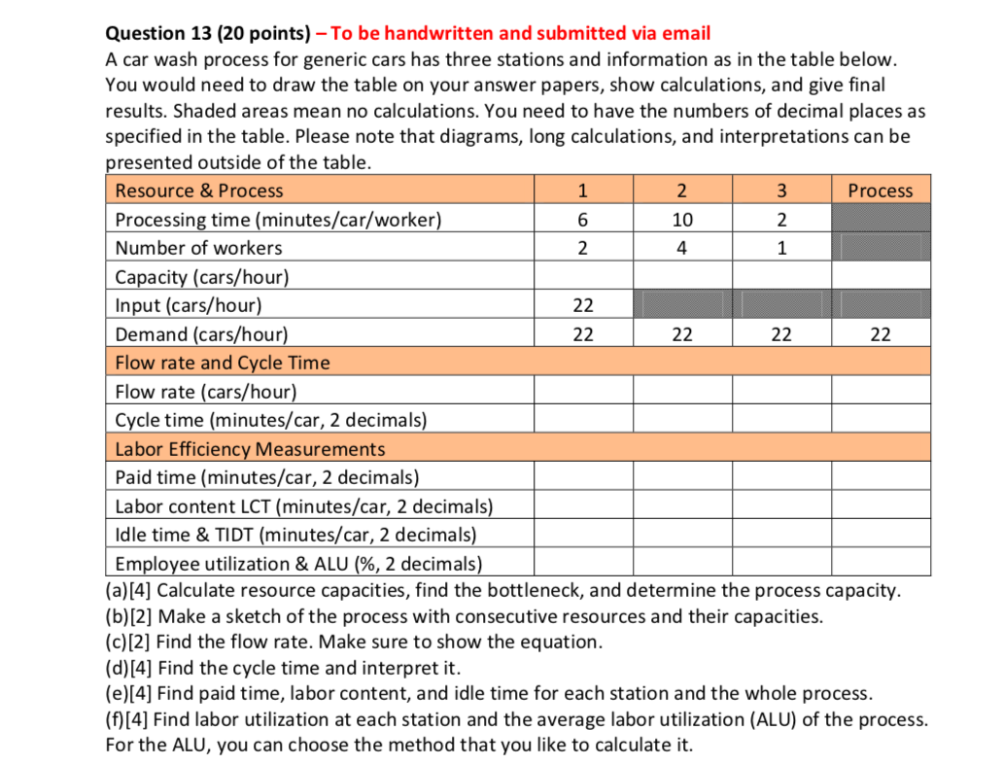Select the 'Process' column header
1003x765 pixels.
click(880, 191)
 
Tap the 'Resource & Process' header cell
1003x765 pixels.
click(199, 191)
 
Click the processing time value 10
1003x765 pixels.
click(682, 220)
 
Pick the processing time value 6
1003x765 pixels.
click(582, 220)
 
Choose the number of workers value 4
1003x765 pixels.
click(682, 248)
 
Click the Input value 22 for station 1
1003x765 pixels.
click(582, 305)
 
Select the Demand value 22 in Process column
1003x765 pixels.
click(880, 334)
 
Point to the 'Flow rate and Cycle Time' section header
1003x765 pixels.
click(223, 363)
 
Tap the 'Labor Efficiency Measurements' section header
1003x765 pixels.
click(250, 449)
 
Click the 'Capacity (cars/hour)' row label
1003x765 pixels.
click(202, 277)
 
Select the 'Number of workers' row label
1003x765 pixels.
click(198, 248)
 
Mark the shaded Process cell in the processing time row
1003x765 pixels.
click(880, 220)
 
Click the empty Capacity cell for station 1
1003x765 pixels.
click(582, 277)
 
